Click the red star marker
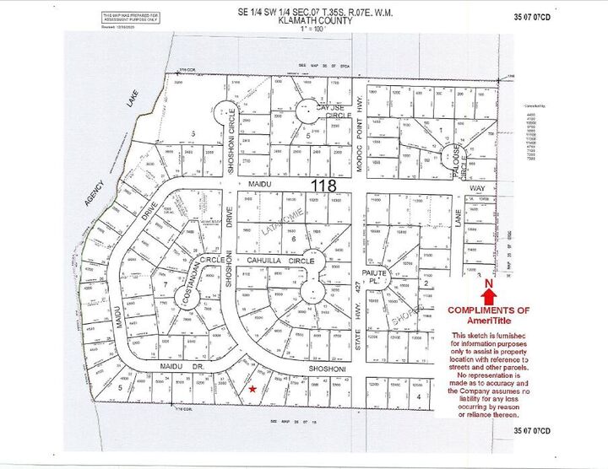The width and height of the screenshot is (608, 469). [x=254, y=389]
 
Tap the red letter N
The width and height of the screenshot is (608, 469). [x=489, y=285]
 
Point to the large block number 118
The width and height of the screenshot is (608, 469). [x=324, y=185]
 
